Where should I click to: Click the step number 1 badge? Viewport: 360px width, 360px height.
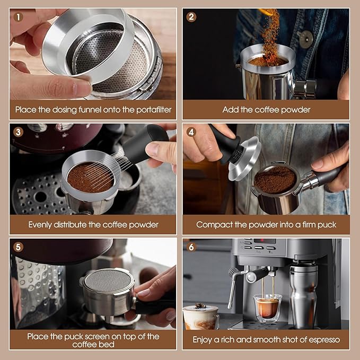[x=19, y=16]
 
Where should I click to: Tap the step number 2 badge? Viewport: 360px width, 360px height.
[x=191, y=16]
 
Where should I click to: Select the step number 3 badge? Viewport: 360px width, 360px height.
[x=19, y=132]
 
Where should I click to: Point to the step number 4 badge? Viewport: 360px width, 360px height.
[x=191, y=132]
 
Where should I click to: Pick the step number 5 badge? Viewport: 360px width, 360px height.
[x=19, y=247]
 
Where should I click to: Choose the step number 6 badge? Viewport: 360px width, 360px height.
[x=191, y=247]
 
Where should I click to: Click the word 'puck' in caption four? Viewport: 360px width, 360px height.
[x=326, y=224]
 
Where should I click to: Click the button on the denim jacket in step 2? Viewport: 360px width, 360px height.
[x=305, y=39]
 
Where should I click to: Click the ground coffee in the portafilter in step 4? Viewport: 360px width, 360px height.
[x=274, y=180]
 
